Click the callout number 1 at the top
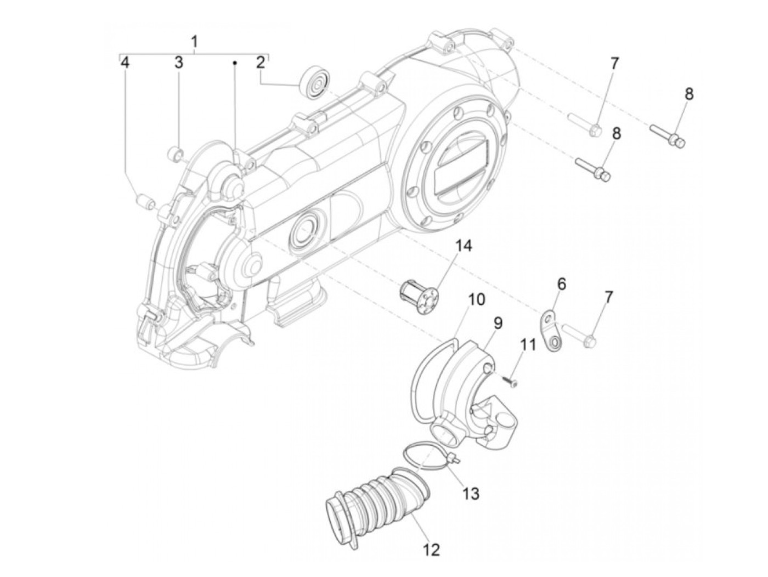pyautogui.click(x=194, y=41)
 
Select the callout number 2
pyautogui.click(x=261, y=62)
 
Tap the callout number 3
pyautogui.click(x=179, y=62)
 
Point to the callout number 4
pyautogui.click(x=126, y=62)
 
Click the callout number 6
pyautogui.click(x=561, y=284)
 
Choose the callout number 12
pyautogui.click(x=432, y=549)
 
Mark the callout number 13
pyautogui.click(x=471, y=493)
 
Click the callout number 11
pyautogui.click(x=528, y=346)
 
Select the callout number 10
pyautogui.click(x=477, y=299)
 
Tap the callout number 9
pyautogui.click(x=498, y=323)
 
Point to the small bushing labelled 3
pyautogui.click(x=176, y=153)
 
